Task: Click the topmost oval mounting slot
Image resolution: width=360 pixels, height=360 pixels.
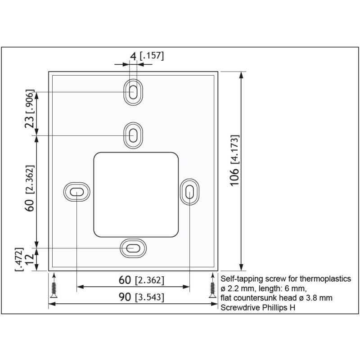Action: pos(133,92)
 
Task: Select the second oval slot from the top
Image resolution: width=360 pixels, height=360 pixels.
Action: pos(133,135)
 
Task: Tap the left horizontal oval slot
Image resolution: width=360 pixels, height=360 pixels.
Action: pos(76,192)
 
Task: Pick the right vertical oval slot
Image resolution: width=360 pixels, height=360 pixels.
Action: pos(189,192)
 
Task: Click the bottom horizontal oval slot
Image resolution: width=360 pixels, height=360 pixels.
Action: pos(133,248)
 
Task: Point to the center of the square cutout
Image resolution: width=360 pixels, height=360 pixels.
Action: pos(136,194)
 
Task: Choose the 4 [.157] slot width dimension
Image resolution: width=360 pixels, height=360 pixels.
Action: pos(146,56)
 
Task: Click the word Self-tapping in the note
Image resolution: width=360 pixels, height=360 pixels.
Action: pos(238,279)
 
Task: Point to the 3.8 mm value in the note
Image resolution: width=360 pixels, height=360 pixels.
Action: pos(318,298)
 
